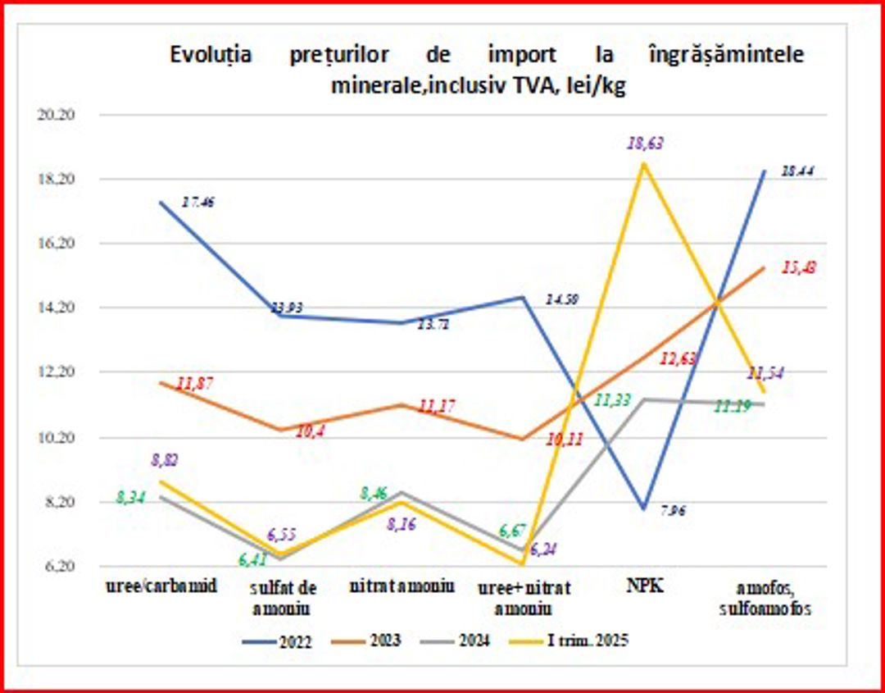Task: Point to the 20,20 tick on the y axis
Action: coord(57,115)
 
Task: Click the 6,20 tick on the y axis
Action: coord(57,567)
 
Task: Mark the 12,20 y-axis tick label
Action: coord(57,372)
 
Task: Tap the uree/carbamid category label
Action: coord(161,588)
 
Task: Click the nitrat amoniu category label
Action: coord(402,588)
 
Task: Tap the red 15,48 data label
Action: coord(801,268)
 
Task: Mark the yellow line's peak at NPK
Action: coord(645,163)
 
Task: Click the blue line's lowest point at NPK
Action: coord(645,509)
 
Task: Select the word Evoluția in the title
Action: coord(211,55)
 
